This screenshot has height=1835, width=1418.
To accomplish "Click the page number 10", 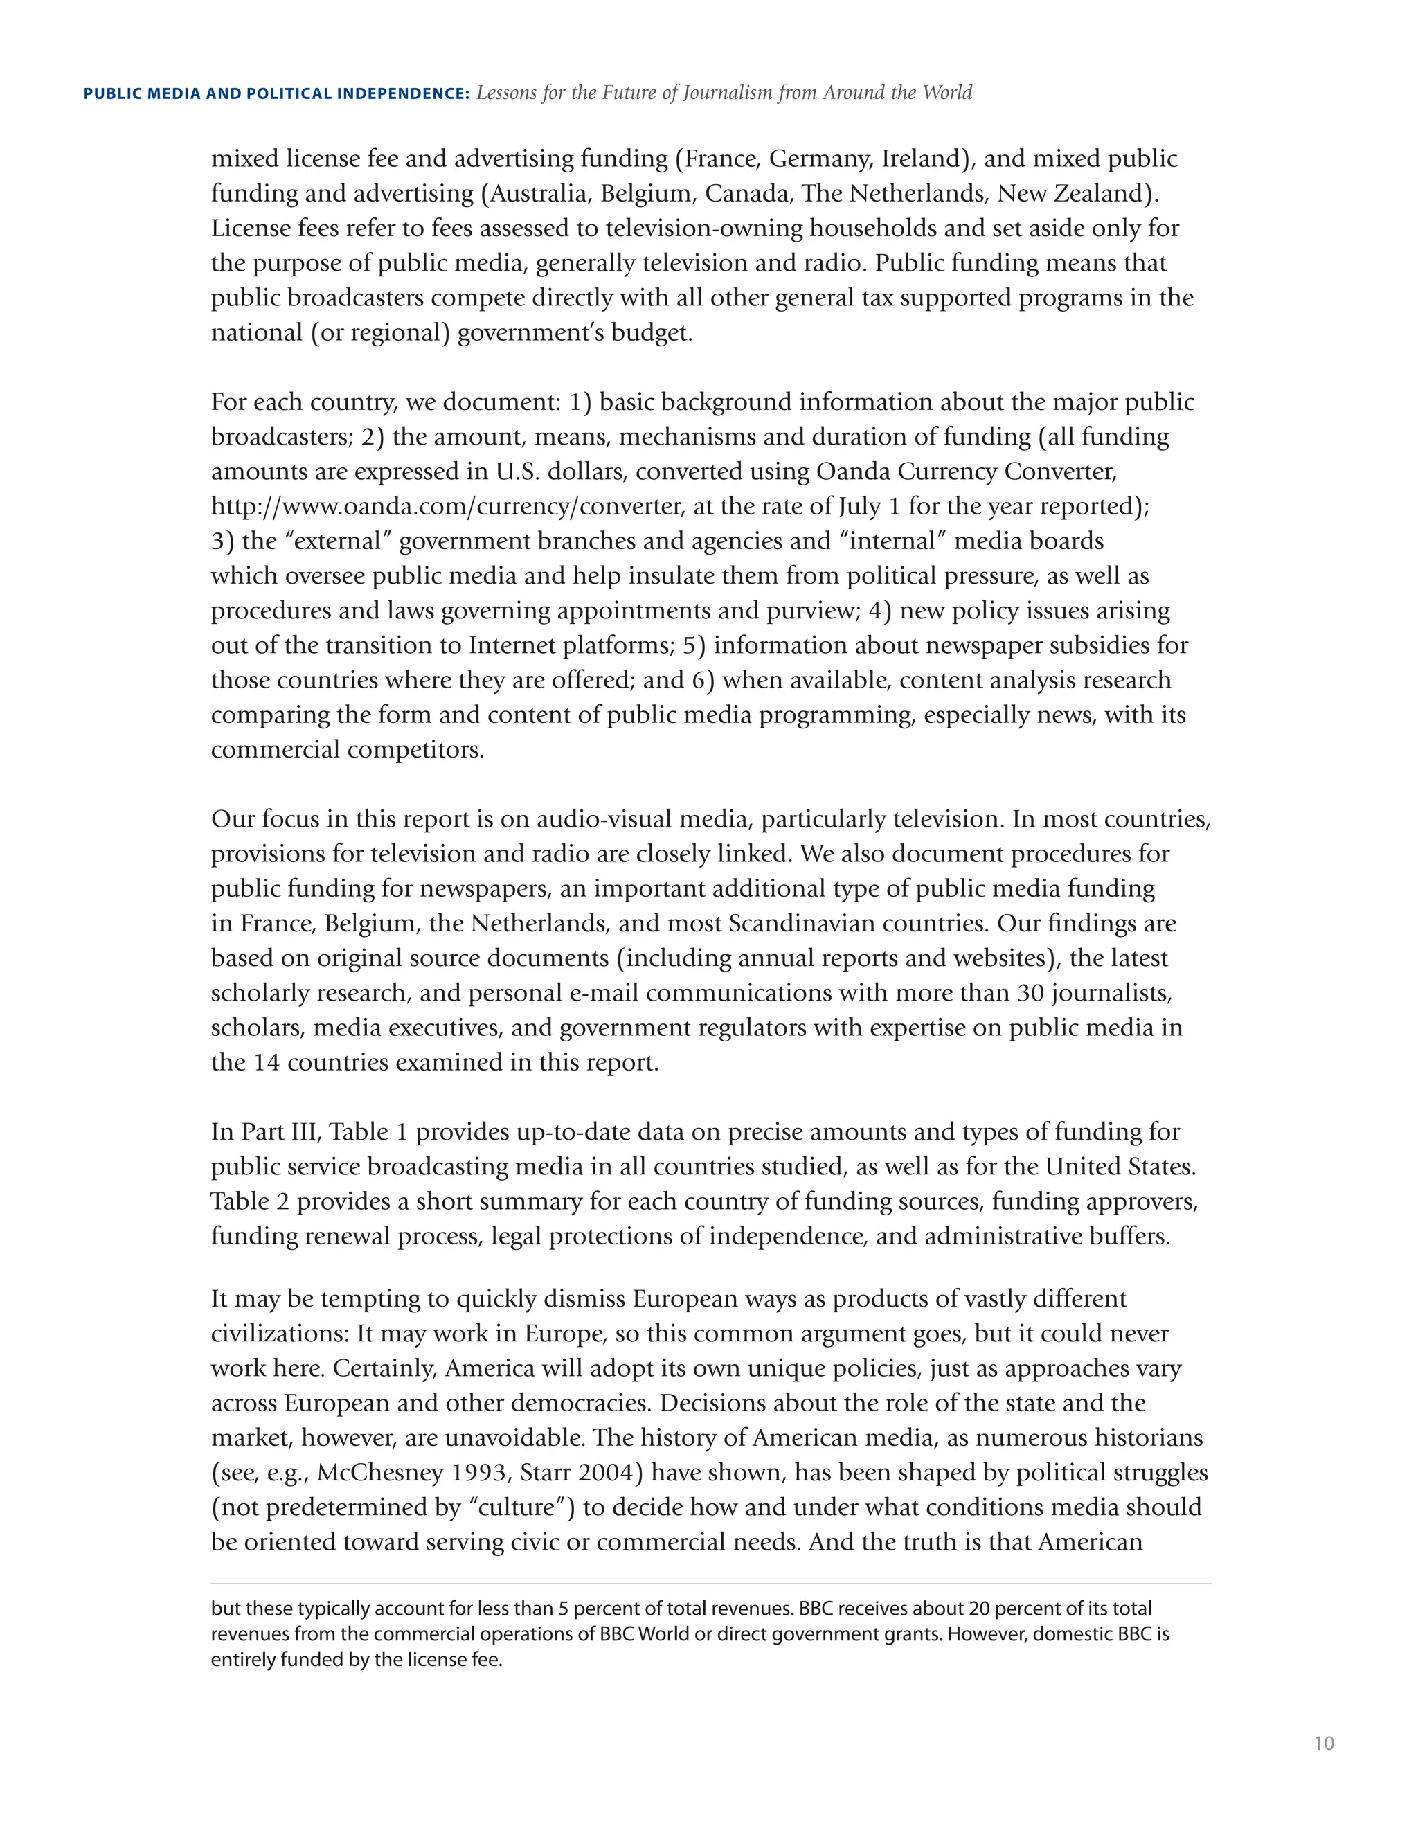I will point(1323,1744).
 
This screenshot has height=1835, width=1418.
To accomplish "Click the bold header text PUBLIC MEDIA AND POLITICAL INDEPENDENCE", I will point(276,94).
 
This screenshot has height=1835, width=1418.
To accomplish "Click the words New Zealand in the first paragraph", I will point(1073,193).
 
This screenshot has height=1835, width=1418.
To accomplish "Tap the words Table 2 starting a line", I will point(249,1201).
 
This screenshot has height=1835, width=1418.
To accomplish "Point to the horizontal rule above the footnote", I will point(710,1584).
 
